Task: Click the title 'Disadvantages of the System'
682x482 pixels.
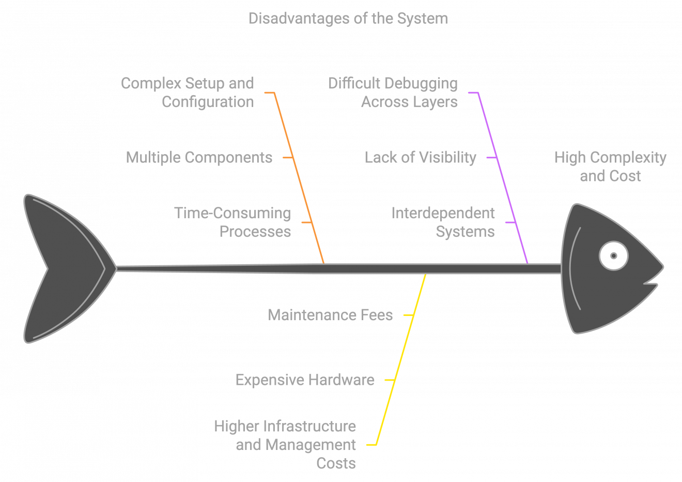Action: point(348,19)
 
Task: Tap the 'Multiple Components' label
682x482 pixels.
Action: point(199,157)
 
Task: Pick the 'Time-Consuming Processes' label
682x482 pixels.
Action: point(233,222)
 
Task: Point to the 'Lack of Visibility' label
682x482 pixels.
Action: point(420,157)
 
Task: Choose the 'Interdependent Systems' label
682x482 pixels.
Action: point(443,222)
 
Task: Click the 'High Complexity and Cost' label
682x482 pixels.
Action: point(610,167)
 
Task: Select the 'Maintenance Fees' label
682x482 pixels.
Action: point(330,315)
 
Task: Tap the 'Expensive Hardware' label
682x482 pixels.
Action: point(305,380)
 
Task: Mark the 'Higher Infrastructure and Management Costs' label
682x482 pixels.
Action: point(285,445)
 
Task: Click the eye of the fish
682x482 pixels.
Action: point(613,255)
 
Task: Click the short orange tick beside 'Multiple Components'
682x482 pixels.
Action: point(288,157)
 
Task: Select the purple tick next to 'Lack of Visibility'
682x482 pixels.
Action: point(492,157)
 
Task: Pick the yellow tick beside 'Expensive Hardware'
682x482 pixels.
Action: point(390,380)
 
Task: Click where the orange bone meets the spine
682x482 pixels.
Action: point(324,264)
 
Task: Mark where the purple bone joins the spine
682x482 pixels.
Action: point(527,264)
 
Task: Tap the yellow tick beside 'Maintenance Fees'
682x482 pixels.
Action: point(408,314)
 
